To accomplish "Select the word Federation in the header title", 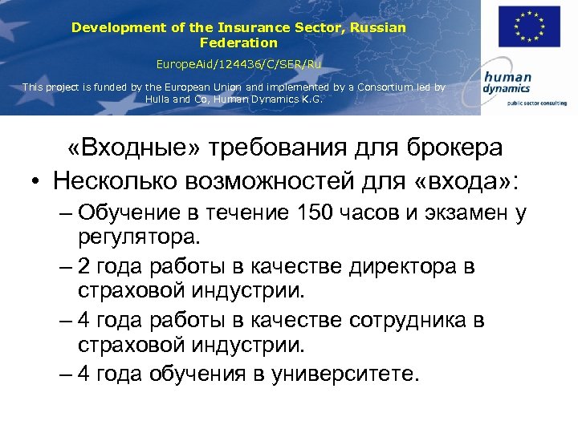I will tap(238, 42).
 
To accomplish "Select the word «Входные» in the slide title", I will tap(128, 148).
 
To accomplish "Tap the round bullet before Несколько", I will tap(38, 182).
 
